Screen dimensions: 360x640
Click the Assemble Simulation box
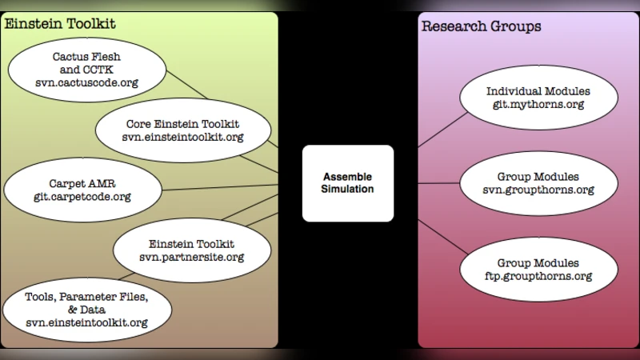(x=348, y=183)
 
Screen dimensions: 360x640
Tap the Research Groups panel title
(x=481, y=26)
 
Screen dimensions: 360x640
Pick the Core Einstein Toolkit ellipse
(x=182, y=130)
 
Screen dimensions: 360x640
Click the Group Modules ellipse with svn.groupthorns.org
(x=538, y=183)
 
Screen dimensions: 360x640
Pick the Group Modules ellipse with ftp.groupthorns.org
(x=538, y=269)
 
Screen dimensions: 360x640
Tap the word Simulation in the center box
(x=348, y=190)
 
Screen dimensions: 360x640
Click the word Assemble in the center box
(x=348, y=177)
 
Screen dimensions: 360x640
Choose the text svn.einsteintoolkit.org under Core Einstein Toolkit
(x=182, y=138)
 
